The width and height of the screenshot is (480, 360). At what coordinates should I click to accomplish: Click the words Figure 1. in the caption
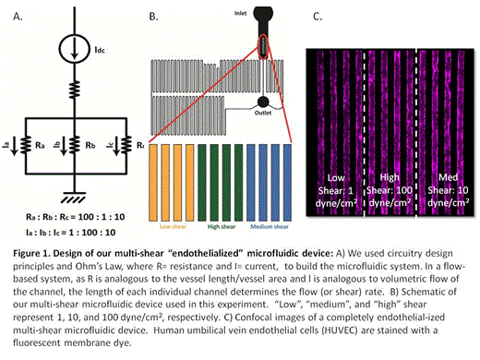pos(30,249)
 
